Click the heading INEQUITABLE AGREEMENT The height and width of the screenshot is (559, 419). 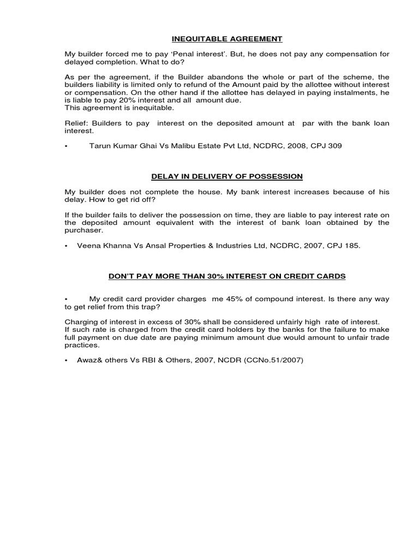coord(228,39)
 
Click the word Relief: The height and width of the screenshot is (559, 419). coord(76,123)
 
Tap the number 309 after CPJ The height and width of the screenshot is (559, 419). coord(335,146)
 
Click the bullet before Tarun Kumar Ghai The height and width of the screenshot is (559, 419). coord(67,146)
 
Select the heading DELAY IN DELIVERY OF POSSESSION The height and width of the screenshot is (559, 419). coord(227,176)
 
